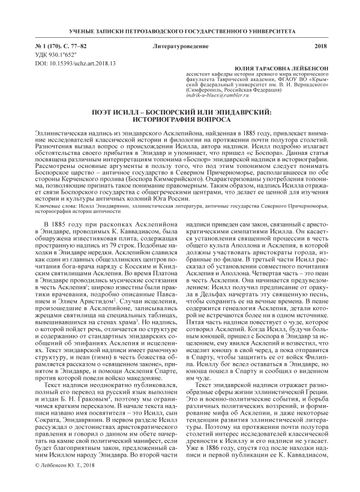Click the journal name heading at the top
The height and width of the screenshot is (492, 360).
pos(180,30)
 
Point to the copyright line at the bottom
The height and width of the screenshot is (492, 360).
pos(70,482)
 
